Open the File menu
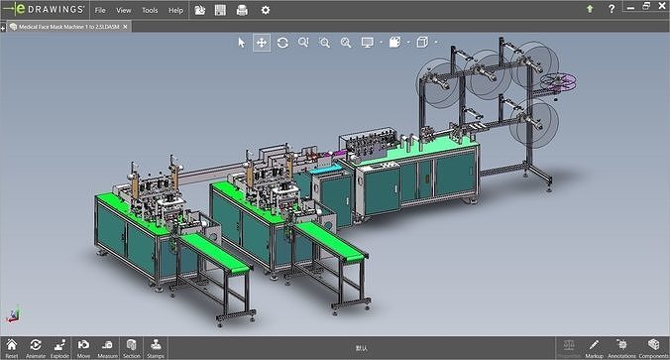click(x=100, y=10)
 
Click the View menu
click(x=124, y=10)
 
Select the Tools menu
click(x=150, y=10)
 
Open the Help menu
click(x=175, y=10)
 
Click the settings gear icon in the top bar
click(x=265, y=10)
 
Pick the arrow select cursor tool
click(x=241, y=43)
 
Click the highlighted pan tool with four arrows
click(x=262, y=43)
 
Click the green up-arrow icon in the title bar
click(x=590, y=9)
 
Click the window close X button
click(x=657, y=9)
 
